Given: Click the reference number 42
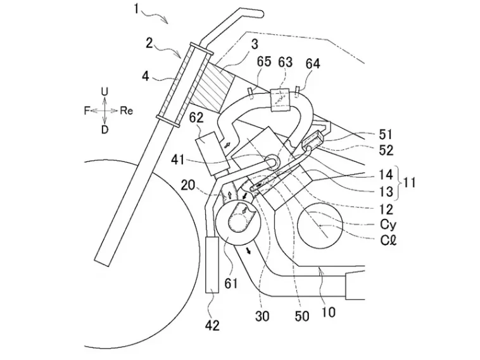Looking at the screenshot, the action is coord(212,325).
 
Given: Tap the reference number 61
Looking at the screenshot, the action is coord(231,283).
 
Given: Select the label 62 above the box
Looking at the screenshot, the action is coord(196,118).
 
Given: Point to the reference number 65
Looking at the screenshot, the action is coord(264,62).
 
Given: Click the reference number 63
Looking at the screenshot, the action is coord(285,62).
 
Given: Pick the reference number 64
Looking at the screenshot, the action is coord(313,64).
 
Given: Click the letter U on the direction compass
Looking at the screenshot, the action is coord(104,92).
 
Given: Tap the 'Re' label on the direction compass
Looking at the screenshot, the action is coord(127,111).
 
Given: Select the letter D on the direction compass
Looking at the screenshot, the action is coord(104,130).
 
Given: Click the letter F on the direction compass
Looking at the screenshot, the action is coord(87,111).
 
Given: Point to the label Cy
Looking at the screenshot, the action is coord(388,225).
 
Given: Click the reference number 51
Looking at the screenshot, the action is coord(386,135).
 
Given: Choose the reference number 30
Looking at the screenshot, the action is coord(262,316).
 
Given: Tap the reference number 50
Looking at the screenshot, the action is coord(302,316).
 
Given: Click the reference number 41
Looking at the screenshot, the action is coord(178,159).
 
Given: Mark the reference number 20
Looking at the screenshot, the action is coord(188,185).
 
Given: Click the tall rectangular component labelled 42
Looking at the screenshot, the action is coord(212,264).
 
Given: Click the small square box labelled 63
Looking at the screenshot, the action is coord(280,99).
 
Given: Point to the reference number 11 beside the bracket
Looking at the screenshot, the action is coord(409,183).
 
